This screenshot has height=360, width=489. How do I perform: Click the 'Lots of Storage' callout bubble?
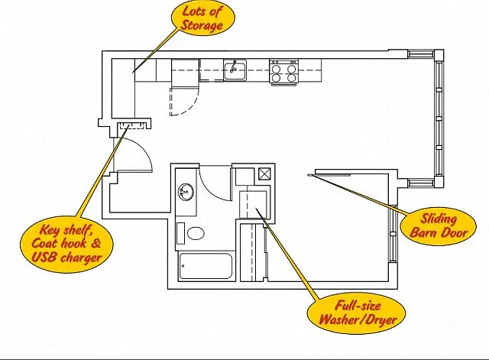click(x=202, y=18)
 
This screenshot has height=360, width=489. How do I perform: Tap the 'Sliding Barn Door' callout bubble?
click(x=439, y=225)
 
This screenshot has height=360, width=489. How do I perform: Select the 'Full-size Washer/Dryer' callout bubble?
click(x=358, y=313)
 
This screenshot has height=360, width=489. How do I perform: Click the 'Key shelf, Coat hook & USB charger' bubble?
click(x=66, y=244)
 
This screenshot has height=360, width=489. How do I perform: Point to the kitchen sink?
click(x=235, y=70)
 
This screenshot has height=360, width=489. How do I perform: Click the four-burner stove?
click(x=283, y=72)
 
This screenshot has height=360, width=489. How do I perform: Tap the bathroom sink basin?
click(x=186, y=192)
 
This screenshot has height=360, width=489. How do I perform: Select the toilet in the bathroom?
click(x=196, y=233)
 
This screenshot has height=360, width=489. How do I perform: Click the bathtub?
click(x=206, y=266)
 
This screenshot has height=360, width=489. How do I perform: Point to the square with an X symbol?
click(x=265, y=174)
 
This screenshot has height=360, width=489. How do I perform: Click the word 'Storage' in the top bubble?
click(x=202, y=25)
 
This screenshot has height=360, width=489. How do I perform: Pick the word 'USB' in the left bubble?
click(x=44, y=258)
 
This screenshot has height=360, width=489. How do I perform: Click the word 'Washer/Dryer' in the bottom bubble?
click(x=358, y=319)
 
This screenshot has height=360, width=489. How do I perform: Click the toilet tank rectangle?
click(x=180, y=233)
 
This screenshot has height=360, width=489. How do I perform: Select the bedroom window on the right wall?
click(x=393, y=234)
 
